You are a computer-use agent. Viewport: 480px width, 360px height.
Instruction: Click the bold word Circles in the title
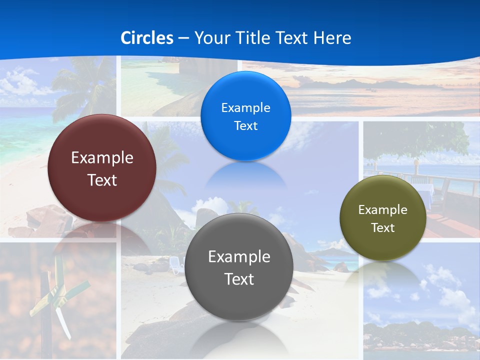[x=147, y=38]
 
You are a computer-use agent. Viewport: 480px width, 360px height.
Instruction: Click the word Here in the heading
[x=332, y=38]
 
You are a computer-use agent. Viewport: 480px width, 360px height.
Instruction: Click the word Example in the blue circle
[x=245, y=108]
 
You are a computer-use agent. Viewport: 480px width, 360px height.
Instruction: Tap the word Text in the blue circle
[x=245, y=126]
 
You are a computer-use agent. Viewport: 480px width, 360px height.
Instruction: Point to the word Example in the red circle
[x=102, y=158]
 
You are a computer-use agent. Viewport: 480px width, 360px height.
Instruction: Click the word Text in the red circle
[x=102, y=180]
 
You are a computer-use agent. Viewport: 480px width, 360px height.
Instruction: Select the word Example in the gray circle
[x=239, y=257]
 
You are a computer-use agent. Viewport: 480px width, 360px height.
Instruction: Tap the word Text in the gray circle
[x=239, y=279]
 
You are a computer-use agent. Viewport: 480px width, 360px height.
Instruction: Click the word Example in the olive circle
[x=383, y=210]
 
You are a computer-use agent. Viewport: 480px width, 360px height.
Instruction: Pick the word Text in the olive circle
[x=383, y=228]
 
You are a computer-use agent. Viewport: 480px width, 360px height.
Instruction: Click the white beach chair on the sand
[x=176, y=265]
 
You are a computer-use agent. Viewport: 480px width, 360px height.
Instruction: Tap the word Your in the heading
[x=210, y=38]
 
